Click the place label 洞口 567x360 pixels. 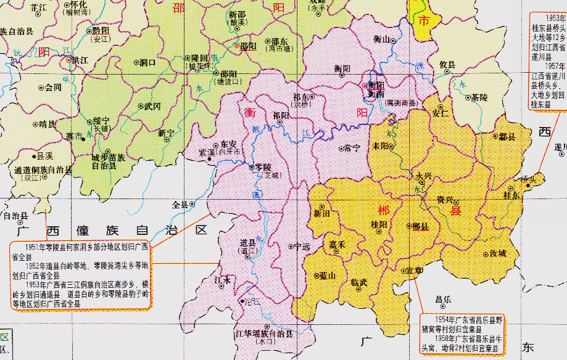(148, 62)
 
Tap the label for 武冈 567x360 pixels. (152, 106)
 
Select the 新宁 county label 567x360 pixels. (166, 133)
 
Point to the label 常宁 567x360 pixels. (352, 148)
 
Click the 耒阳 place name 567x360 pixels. (380, 146)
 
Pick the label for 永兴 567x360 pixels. (423, 176)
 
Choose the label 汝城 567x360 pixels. (497, 253)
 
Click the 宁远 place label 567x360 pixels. (302, 247)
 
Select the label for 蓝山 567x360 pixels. (327, 276)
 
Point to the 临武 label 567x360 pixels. (358, 282)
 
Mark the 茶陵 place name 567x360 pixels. (479, 97)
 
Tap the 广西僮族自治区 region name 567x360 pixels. (111, 230)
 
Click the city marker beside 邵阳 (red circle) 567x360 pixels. (236, 45)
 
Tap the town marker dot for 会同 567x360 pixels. (41, 88)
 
